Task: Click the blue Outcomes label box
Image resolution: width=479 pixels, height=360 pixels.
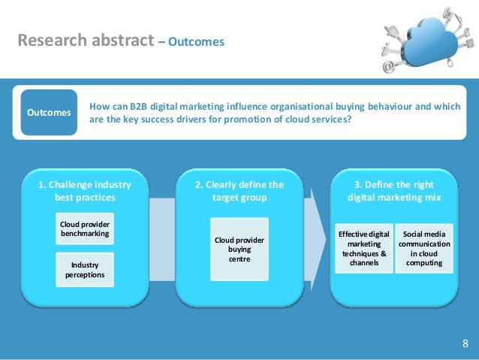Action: click(49, 112)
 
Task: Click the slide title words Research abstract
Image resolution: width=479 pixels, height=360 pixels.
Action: click(86, 41)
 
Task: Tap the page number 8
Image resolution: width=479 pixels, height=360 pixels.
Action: click(465, 344)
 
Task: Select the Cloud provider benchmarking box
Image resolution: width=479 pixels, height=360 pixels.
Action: click(84, 228)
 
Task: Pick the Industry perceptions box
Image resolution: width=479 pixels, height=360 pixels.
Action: click(84, 270)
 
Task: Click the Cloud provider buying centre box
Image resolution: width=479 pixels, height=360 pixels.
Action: click(239, 249)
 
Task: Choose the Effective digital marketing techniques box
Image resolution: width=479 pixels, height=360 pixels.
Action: click(363, 249)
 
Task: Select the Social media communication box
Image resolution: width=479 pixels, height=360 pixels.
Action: click(424, 249)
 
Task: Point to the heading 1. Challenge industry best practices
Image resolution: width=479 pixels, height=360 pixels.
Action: click(84, 191)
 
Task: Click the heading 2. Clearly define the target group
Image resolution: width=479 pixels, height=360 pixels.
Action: click(239, 191)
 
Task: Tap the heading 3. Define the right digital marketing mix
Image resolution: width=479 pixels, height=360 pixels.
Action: click(393, 191)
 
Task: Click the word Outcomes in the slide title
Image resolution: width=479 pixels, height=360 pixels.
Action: click(196, 42)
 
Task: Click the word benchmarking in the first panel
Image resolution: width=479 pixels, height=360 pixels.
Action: click(84, 234)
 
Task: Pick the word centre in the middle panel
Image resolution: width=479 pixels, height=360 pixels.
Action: click(239, 259)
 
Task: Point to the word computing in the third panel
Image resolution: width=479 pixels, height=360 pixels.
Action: click(424, 264)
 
